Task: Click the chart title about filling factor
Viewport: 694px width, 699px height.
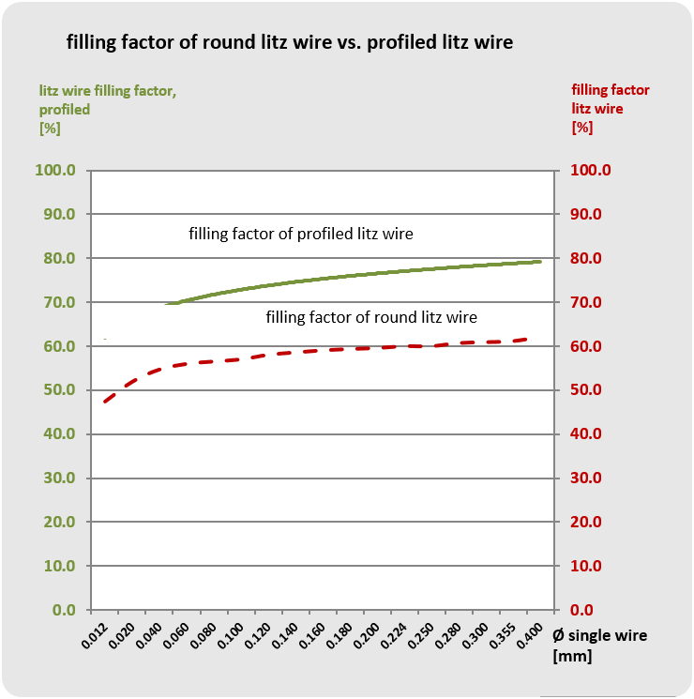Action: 289,42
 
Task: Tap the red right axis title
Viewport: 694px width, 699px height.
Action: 610,108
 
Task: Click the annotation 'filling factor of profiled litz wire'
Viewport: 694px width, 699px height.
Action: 301,233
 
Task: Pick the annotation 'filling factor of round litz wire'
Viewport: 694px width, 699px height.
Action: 371,317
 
